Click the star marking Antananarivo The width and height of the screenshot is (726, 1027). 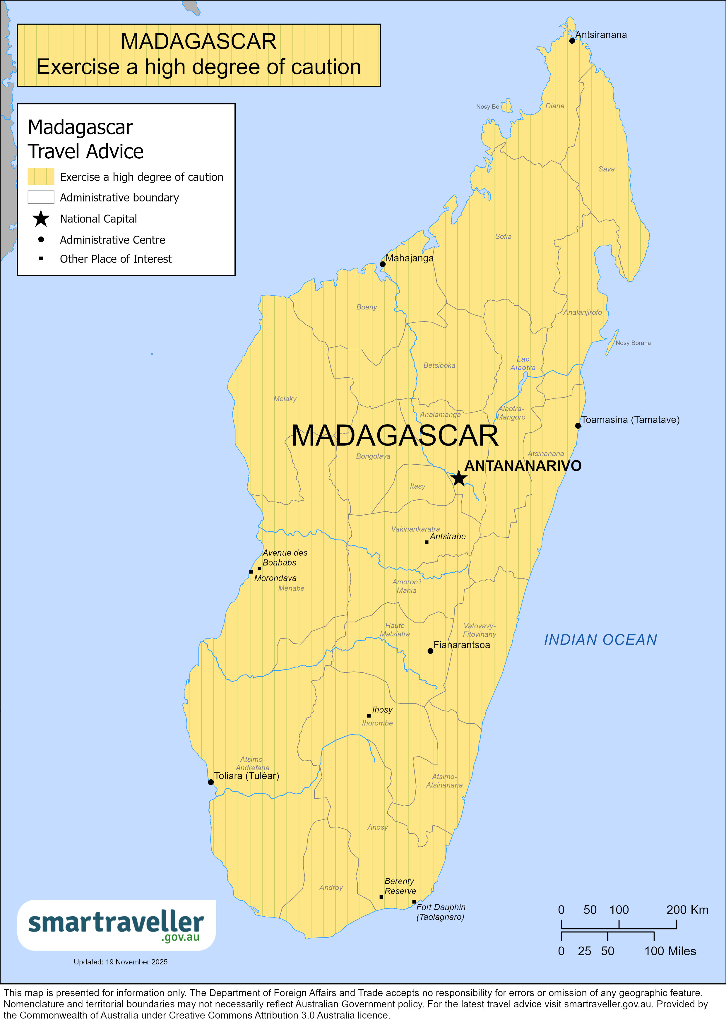[x=459, y=478]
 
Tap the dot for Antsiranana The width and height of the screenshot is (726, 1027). [x=572, y=41]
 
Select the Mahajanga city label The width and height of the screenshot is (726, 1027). [x=409, y=258]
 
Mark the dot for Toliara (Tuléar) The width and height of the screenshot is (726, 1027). [x=211, y=782]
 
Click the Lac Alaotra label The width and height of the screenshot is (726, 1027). [x=523, y=363]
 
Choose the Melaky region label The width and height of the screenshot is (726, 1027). [x=285, y=398]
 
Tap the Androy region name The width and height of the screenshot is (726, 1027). [x=331, y=887]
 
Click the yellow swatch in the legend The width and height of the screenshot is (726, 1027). [x=41, y=177]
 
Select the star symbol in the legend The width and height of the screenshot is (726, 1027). [x=41, y=219]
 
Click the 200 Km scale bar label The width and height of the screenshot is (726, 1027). [x=687, y=910]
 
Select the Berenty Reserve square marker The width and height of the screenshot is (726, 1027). [x=381, y=897]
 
